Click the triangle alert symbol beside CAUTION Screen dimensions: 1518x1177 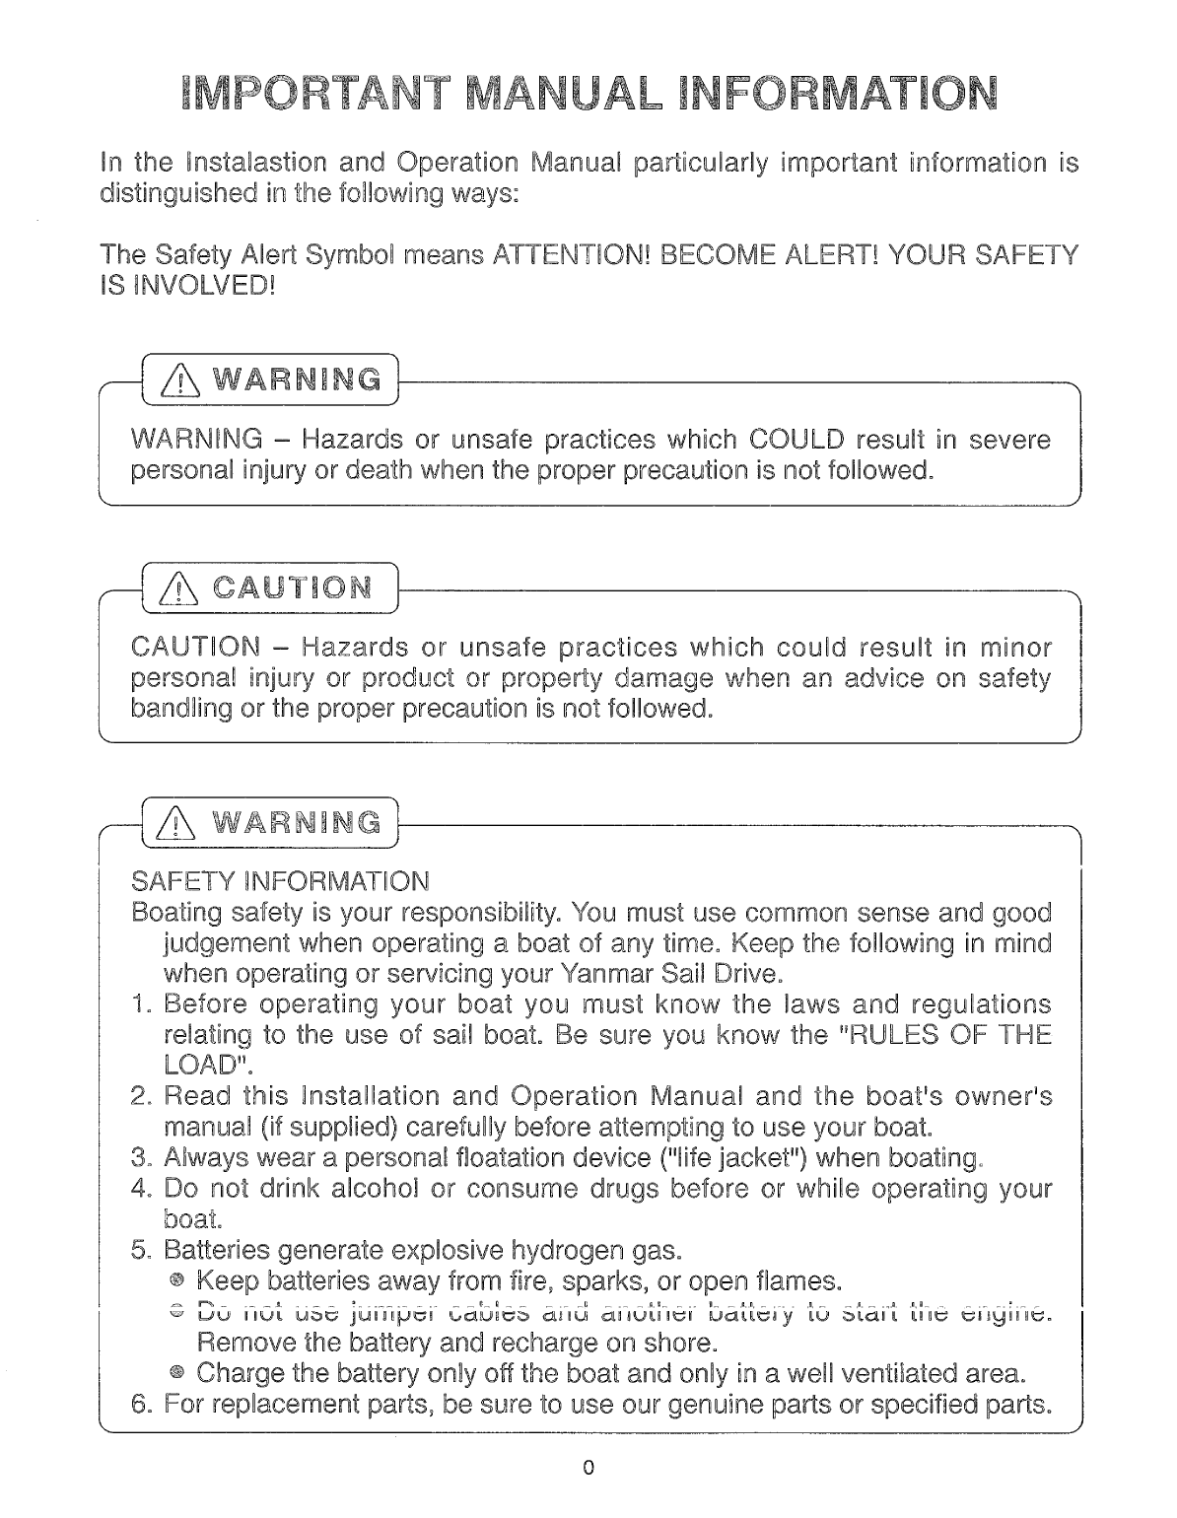174,589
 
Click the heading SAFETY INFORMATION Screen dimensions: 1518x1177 280,879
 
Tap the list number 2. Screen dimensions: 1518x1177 140,1096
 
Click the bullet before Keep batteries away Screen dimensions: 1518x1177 176,1280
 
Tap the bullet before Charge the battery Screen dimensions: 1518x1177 176,1372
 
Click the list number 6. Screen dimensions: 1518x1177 140,1402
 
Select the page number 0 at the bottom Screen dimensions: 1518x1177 588,1467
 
